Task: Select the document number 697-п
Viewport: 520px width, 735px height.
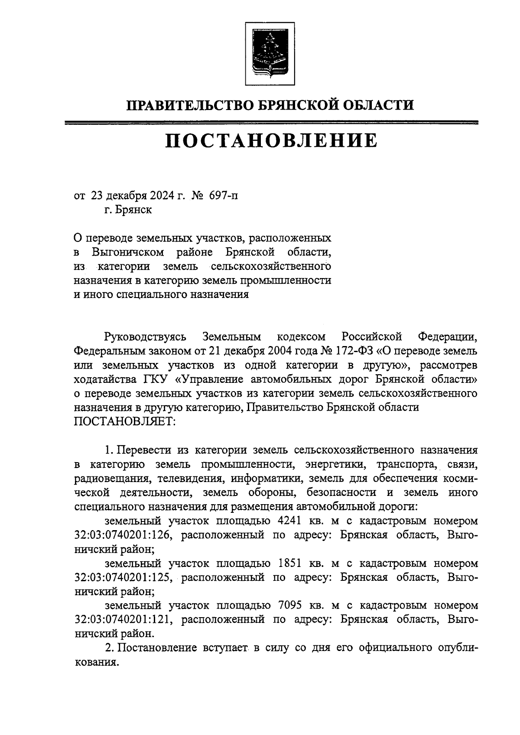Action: point(223,195)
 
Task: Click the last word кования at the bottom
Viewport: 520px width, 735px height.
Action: point(96,662)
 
